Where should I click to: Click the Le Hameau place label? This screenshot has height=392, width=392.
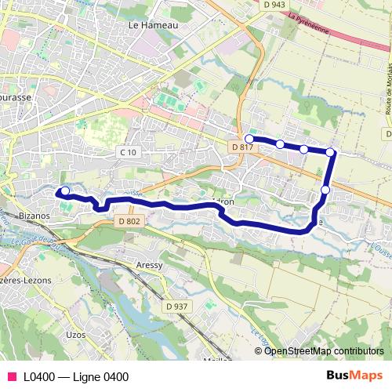click(153, 25)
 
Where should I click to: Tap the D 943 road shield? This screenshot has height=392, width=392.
click(275, 5)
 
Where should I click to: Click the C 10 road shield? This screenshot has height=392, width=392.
click(127, 151)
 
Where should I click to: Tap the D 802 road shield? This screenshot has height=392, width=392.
click(131, 222)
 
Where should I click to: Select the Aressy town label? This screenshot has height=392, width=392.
click(149, 266)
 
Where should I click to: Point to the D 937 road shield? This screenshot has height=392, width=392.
click(176, 306)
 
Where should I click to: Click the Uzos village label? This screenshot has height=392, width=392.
click(76, 335)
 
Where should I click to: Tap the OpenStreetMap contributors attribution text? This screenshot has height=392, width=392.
click(324, 351)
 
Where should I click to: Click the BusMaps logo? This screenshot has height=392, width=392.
click(354, 376)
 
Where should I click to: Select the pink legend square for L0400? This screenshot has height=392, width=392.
click(11, 376)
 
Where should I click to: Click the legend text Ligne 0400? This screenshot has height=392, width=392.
click(76, 376)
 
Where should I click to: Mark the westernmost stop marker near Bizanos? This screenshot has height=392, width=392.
click(65, 191)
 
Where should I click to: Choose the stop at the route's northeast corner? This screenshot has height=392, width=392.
click(331, 152)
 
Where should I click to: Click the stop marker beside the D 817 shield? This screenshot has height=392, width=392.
click(249, 138)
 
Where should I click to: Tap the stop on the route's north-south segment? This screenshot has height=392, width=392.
click(325, 189)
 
